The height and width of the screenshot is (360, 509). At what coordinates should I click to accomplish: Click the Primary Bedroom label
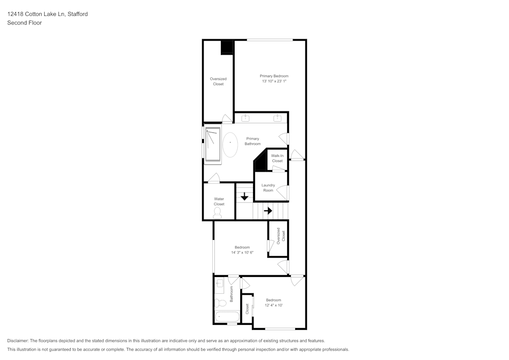tap(274, 76)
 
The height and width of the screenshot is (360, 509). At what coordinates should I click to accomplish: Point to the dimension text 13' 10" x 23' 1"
tap(274, 81)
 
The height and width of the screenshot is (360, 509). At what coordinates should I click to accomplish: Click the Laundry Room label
tap(268, 188)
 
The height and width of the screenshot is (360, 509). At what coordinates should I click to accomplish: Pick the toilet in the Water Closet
tap(218, 212)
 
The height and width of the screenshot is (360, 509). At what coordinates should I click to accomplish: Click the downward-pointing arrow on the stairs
tap(244, 197)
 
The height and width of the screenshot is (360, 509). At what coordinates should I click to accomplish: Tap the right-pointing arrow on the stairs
tap(268, 210)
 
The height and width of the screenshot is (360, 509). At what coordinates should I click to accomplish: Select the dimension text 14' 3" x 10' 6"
tap(242, 253)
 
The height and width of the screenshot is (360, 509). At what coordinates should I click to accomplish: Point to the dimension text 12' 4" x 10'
tap(273, 306)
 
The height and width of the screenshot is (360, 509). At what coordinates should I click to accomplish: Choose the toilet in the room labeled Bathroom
tap(220, 303)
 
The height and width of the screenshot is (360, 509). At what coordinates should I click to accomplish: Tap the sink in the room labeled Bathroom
tap(219, 284)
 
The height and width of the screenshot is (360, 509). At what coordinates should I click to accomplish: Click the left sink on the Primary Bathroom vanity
tap(245, 118)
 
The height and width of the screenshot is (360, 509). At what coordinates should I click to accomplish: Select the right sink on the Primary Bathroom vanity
tap(277, 118)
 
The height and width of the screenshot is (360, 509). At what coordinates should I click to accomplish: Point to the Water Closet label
tap(219, 202)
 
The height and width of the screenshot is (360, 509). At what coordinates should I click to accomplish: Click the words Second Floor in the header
tap(24, 23)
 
